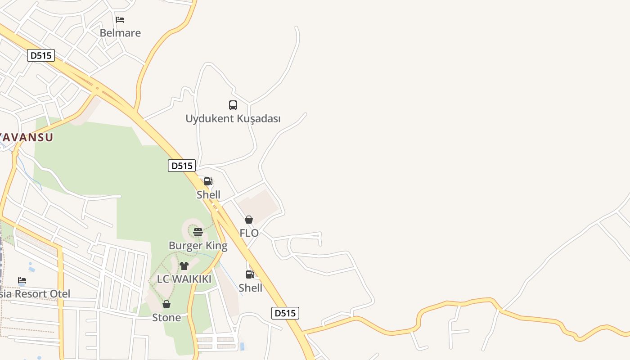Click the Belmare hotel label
(x=120, y=33)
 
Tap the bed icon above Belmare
(x=120, y=20)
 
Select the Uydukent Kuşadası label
(x=233, y=119)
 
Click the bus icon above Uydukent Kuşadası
(x=233, y=105)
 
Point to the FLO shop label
(x=249, y=233)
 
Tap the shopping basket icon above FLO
(x=248, y=220)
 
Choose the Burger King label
(x=198, y=246)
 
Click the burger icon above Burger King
(x=198, y=232)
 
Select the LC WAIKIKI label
(x=184, y=279)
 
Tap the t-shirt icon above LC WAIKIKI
(x=184, y=266)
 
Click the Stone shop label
(x=166, y=318)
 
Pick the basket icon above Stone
(x=166, y=305)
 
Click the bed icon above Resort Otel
(x=22, y=281)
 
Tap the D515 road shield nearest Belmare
(x=41, y=56)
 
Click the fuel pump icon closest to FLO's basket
(x=208, y=181)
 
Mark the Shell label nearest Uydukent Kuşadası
(x=208, y=195)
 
